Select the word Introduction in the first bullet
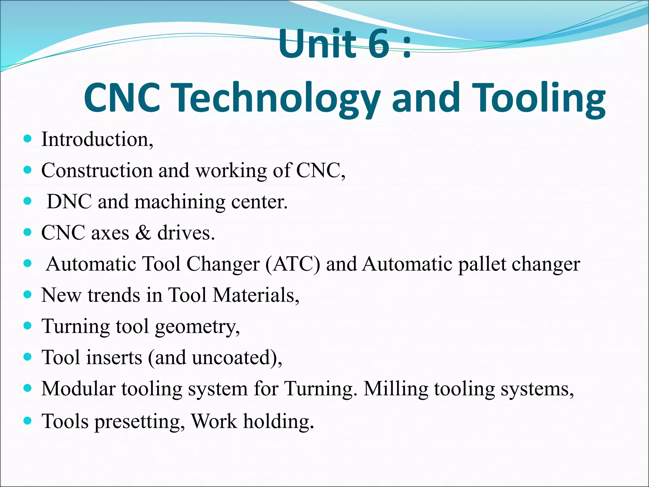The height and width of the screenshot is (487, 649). [95, 140]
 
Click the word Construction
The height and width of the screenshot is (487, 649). [97, 171]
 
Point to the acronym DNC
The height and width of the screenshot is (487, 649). [69, 202]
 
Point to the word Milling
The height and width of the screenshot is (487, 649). [396, 389]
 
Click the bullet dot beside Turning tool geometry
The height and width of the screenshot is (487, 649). [28, 326]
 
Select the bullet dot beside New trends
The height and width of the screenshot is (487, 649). [28, 295]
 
